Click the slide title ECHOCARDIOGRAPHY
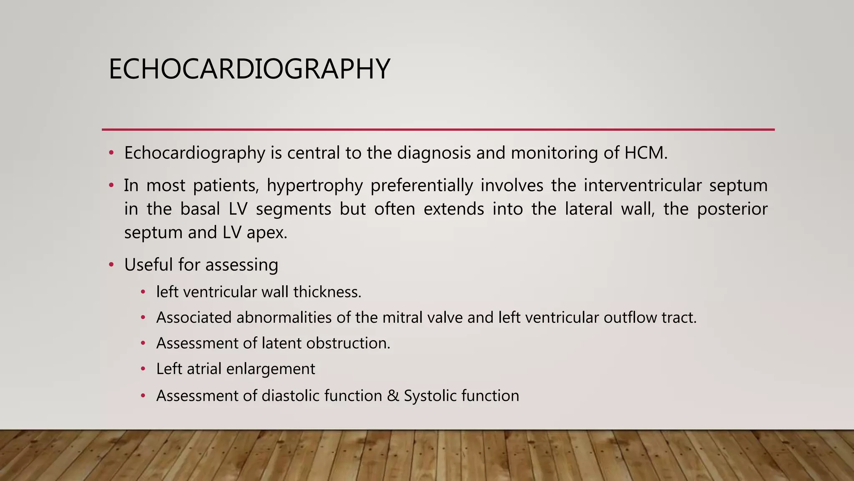(249, 69)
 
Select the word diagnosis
(434, 153)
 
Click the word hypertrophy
(315, 186)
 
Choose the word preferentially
(422, 186)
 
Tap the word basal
(200, 209)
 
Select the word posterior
(732, 209)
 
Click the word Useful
(148, 265)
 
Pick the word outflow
(630, 318)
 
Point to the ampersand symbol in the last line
(392, 396)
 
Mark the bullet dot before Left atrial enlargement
(143, 369)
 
